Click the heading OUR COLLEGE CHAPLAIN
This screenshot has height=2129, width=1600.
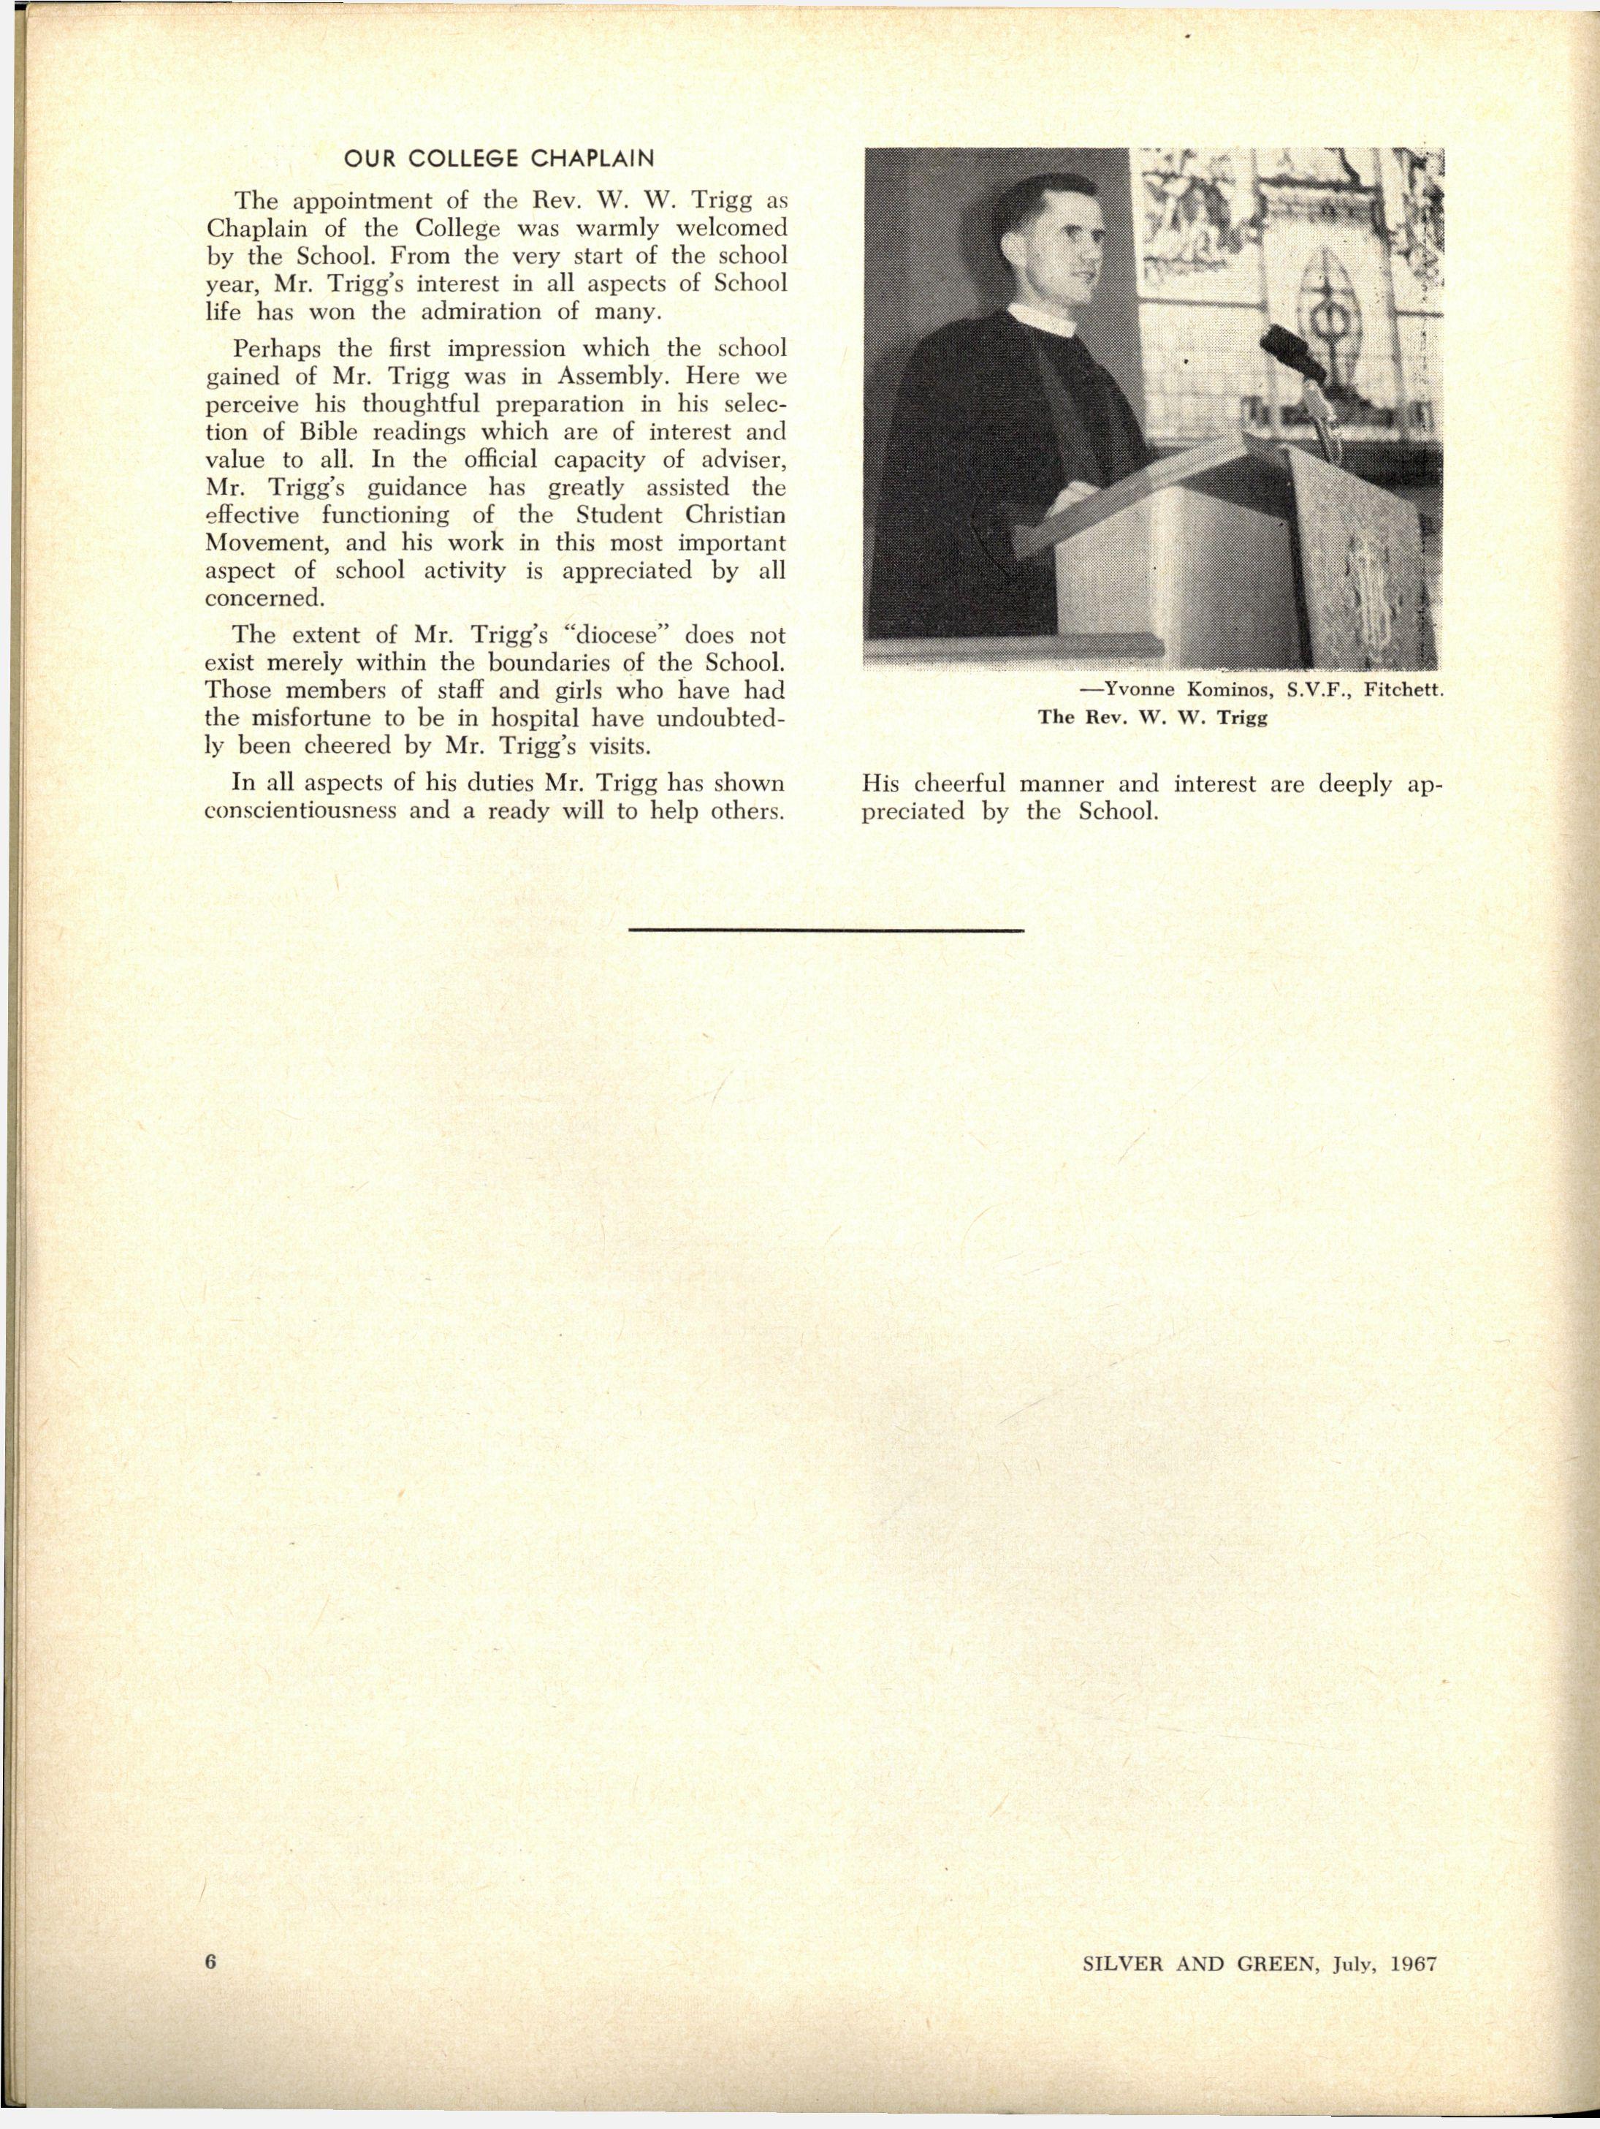pos(498,159)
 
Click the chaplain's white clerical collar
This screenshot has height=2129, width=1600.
pos(1041,322)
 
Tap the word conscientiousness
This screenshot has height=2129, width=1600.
pos(301,811)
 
